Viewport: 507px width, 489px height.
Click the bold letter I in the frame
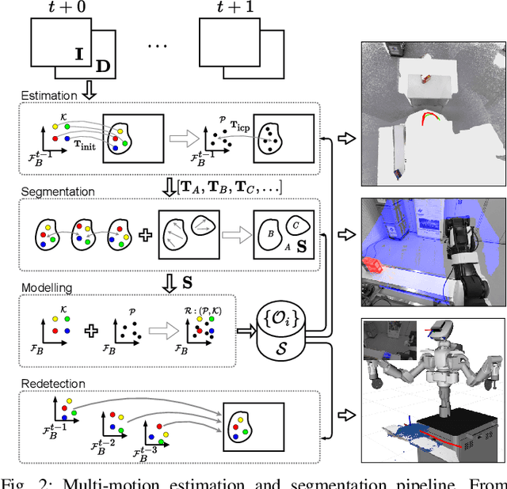point(78,55)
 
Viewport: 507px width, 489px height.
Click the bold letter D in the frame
point(103,66)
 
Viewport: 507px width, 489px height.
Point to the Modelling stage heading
point(48,288)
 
